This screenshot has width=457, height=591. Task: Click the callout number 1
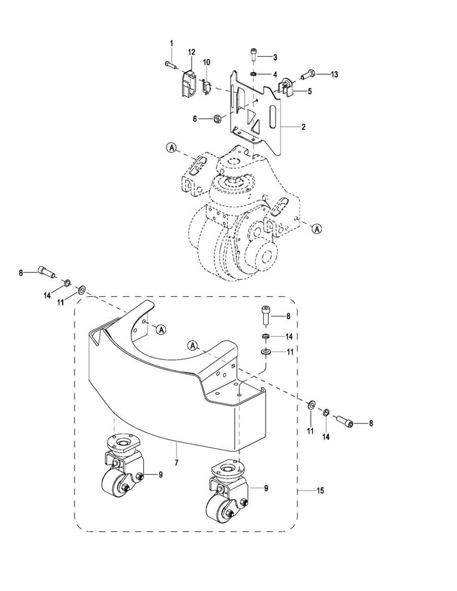(171, 43)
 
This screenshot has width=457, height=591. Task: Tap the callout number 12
(191, 52)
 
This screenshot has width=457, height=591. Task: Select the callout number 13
(335, 74)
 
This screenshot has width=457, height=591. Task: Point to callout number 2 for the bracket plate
(303, 127)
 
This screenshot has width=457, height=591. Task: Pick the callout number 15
(320, 491)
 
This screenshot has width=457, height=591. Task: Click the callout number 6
(195, 119)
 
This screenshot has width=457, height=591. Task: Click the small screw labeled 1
(172, 65)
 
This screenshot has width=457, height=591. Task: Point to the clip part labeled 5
(286, 87)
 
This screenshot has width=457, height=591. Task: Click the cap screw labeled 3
(253, 54)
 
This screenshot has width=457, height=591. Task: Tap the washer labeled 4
(253, 73)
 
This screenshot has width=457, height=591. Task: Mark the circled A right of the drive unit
(317, 228)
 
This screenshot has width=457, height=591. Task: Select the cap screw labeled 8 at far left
(46, 271)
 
